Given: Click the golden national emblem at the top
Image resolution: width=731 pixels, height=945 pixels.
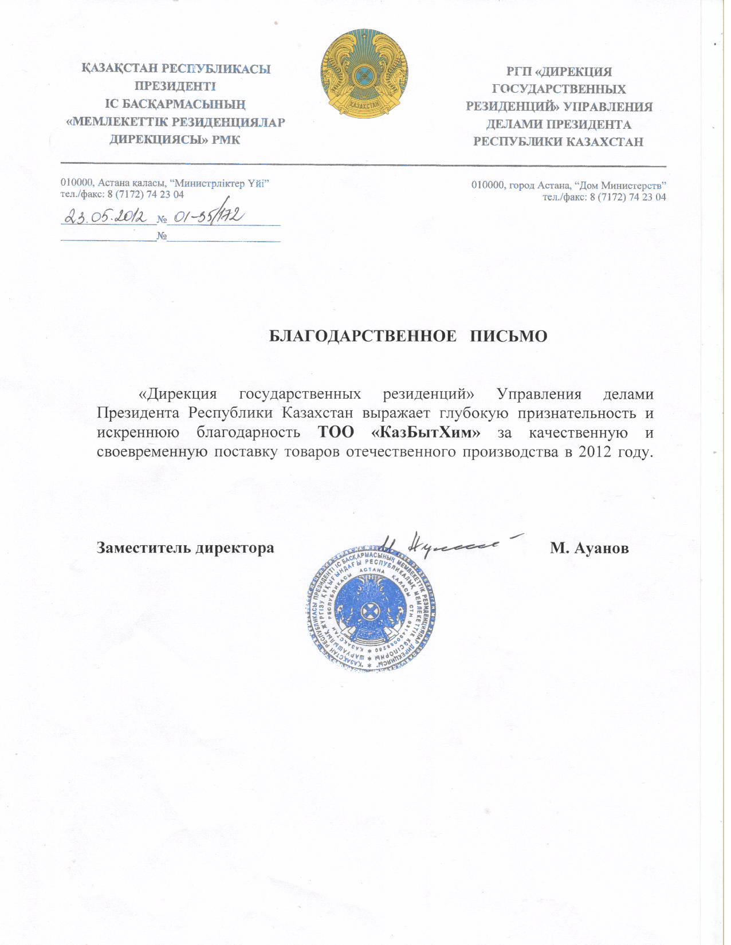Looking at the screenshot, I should (x=364, y=74).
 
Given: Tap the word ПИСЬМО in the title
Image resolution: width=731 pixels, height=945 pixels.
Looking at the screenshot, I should (x=509, y=336).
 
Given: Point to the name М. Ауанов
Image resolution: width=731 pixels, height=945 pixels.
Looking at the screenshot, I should (x=589, y=549).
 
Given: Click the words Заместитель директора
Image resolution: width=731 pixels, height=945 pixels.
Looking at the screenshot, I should (x=186, y=548).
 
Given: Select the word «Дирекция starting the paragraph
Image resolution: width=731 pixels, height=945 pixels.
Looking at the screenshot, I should (x=178, y=395).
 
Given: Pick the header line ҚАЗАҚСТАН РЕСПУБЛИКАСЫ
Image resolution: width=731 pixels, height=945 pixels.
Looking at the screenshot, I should (x=176, y=69).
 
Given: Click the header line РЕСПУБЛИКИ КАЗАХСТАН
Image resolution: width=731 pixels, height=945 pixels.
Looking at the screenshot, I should (x=559, y=142).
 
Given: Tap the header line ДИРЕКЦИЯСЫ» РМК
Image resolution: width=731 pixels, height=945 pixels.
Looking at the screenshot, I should (x=175, y=140).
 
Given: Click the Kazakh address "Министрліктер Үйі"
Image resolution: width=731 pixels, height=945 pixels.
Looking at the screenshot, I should (x=221, y=183).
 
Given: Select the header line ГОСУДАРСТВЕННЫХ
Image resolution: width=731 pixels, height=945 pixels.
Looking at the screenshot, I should (x=559, y=89).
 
